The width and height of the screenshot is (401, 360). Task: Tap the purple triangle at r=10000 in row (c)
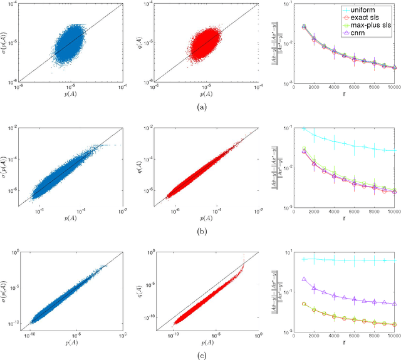[x=395, y=304]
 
